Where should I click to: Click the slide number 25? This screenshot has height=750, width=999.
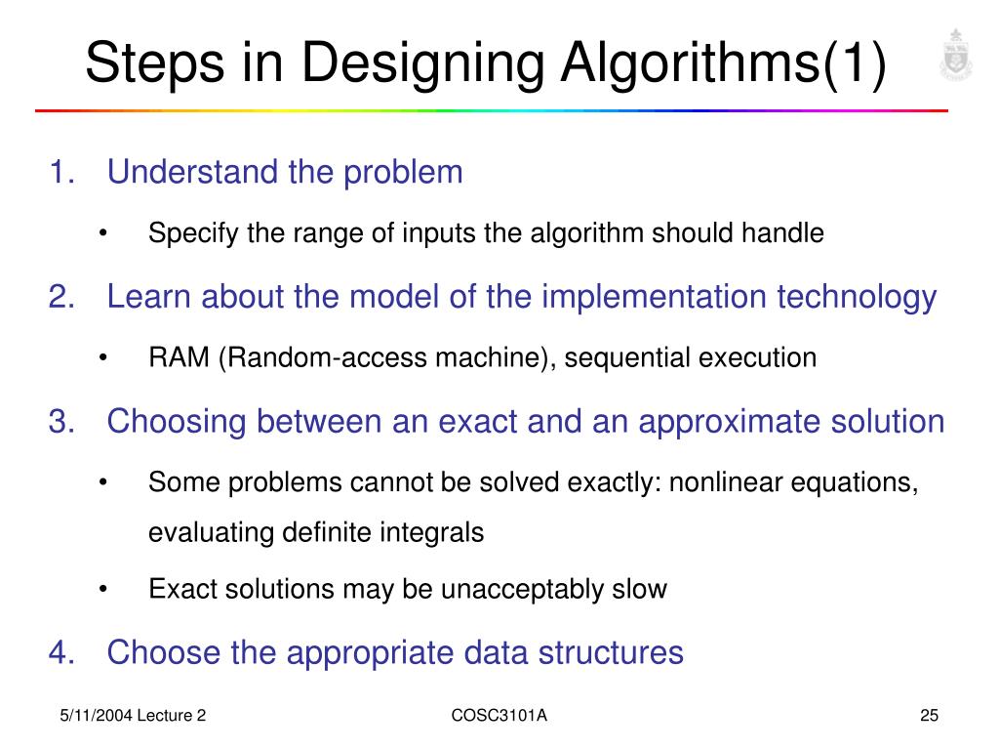[929, 717]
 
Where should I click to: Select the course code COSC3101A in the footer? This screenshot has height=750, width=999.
[499, 717]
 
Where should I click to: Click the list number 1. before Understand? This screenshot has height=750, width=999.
[62, 173]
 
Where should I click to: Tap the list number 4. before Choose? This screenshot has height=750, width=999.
[62, 651]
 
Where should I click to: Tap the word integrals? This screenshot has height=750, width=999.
[439, 533]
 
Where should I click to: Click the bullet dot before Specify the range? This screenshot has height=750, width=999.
[102, 234]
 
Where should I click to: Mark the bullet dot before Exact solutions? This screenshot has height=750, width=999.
[102, 590]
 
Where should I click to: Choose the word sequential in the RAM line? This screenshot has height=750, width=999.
[628, 357]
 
